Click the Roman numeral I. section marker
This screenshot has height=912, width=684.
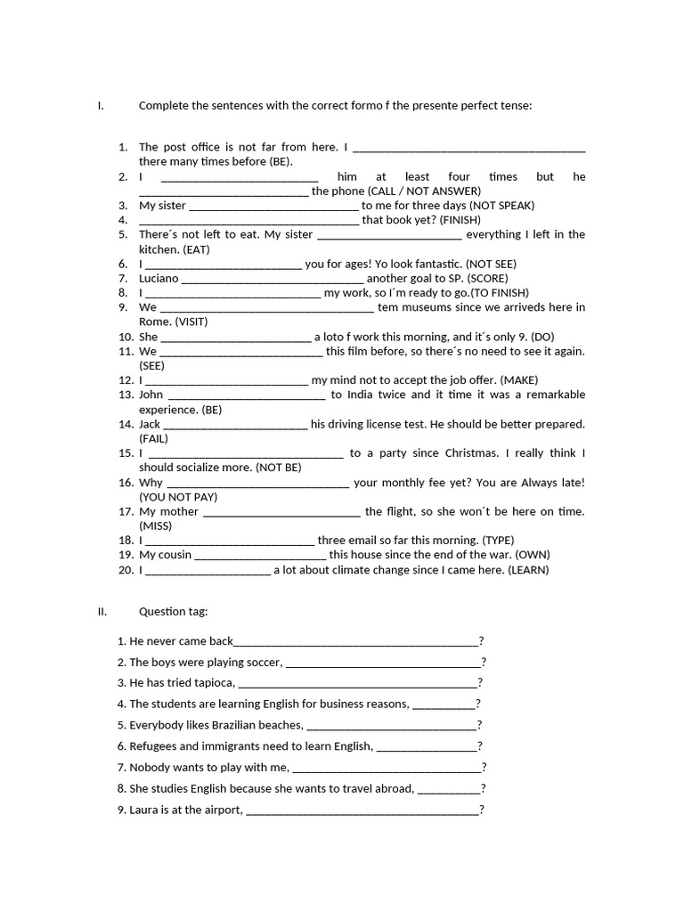pos(101,106)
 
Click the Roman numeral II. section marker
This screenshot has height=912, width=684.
pos(102,612)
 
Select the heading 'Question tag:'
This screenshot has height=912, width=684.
pos(173,612)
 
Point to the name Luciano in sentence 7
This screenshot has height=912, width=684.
pos(159,278)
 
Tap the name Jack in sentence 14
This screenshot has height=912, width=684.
pos(150,424)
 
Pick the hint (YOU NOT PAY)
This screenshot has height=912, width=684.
pos(178,497)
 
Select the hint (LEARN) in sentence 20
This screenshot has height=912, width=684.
pos(528,570)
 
